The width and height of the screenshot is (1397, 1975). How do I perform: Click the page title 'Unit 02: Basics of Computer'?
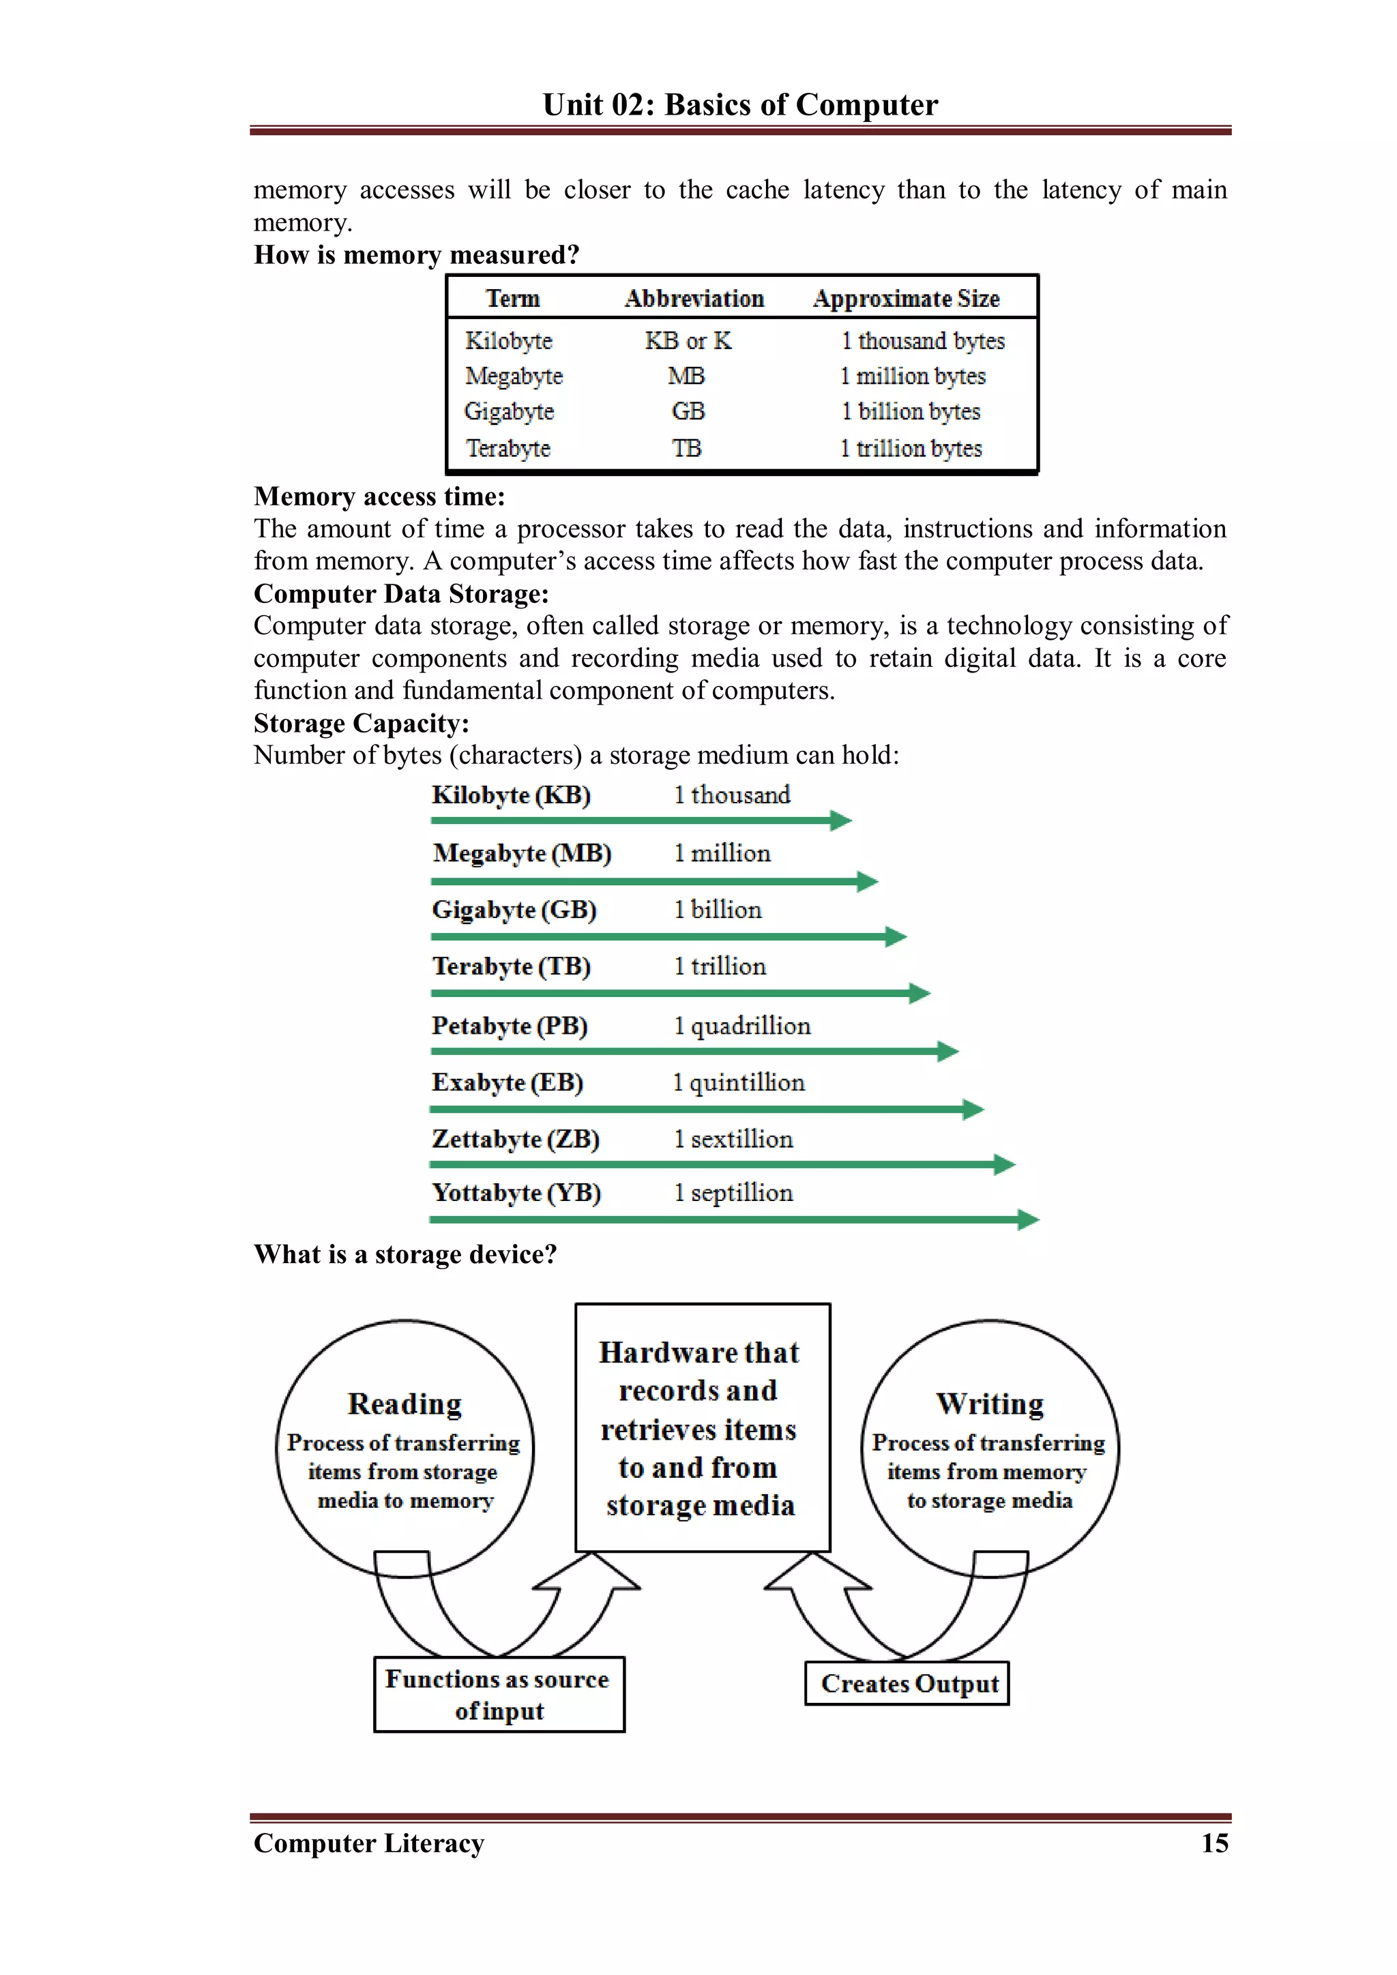pyautogui.click(x=740, y=104)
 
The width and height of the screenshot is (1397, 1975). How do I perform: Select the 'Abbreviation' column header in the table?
pyautogui.click(x=694, y=299)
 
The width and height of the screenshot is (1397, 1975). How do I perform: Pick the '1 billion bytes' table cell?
pyautogui.click(x=911, y=411)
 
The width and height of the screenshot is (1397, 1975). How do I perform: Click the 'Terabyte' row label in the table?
pyautogui.click(x=508, y=448)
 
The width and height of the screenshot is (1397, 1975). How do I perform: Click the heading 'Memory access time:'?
pyautogui.click(x=379, y=496)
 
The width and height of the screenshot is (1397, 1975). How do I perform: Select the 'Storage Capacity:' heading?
pyautogui.click(x=362, y=723)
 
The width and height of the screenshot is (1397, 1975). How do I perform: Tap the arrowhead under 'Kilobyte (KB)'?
pyautogui.click(x=841, y=820)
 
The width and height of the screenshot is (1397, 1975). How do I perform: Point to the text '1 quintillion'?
pyautogui.click(x=739, y=1082)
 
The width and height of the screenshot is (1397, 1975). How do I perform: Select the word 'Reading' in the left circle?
pyautogui.click(x=405, y=1403)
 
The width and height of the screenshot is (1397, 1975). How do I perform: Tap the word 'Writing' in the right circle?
pyautogui.click(x=990, y=1403)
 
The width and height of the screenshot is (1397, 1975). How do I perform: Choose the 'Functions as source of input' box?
pyautogui.click(x=499, y=1694)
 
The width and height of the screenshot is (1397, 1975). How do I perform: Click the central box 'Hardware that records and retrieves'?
pyautogui.click(x=702, y=1428)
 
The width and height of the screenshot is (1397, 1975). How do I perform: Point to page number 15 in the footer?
pyautogui.click(x=1214, y=1843)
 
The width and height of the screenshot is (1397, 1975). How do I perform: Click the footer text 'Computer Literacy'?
pyautogui.click(x=369, y=1843)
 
